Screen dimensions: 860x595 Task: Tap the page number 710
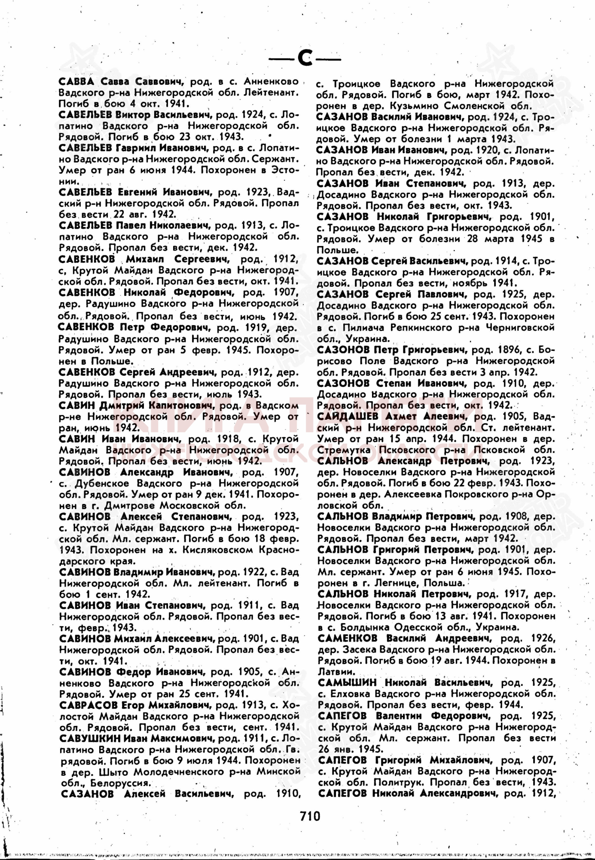310,815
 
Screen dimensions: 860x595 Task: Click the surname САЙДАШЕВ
342,416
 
